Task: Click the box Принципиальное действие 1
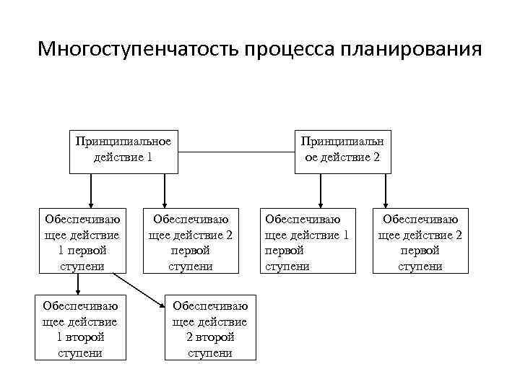pos(123,152)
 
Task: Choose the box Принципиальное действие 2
pos(343,152)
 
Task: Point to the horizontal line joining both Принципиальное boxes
pos(237,152)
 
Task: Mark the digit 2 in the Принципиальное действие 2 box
pos(376,157)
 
